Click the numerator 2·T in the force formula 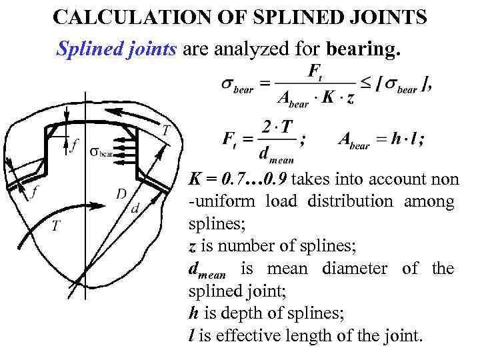[279, 127]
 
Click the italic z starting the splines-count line [192, 246]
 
